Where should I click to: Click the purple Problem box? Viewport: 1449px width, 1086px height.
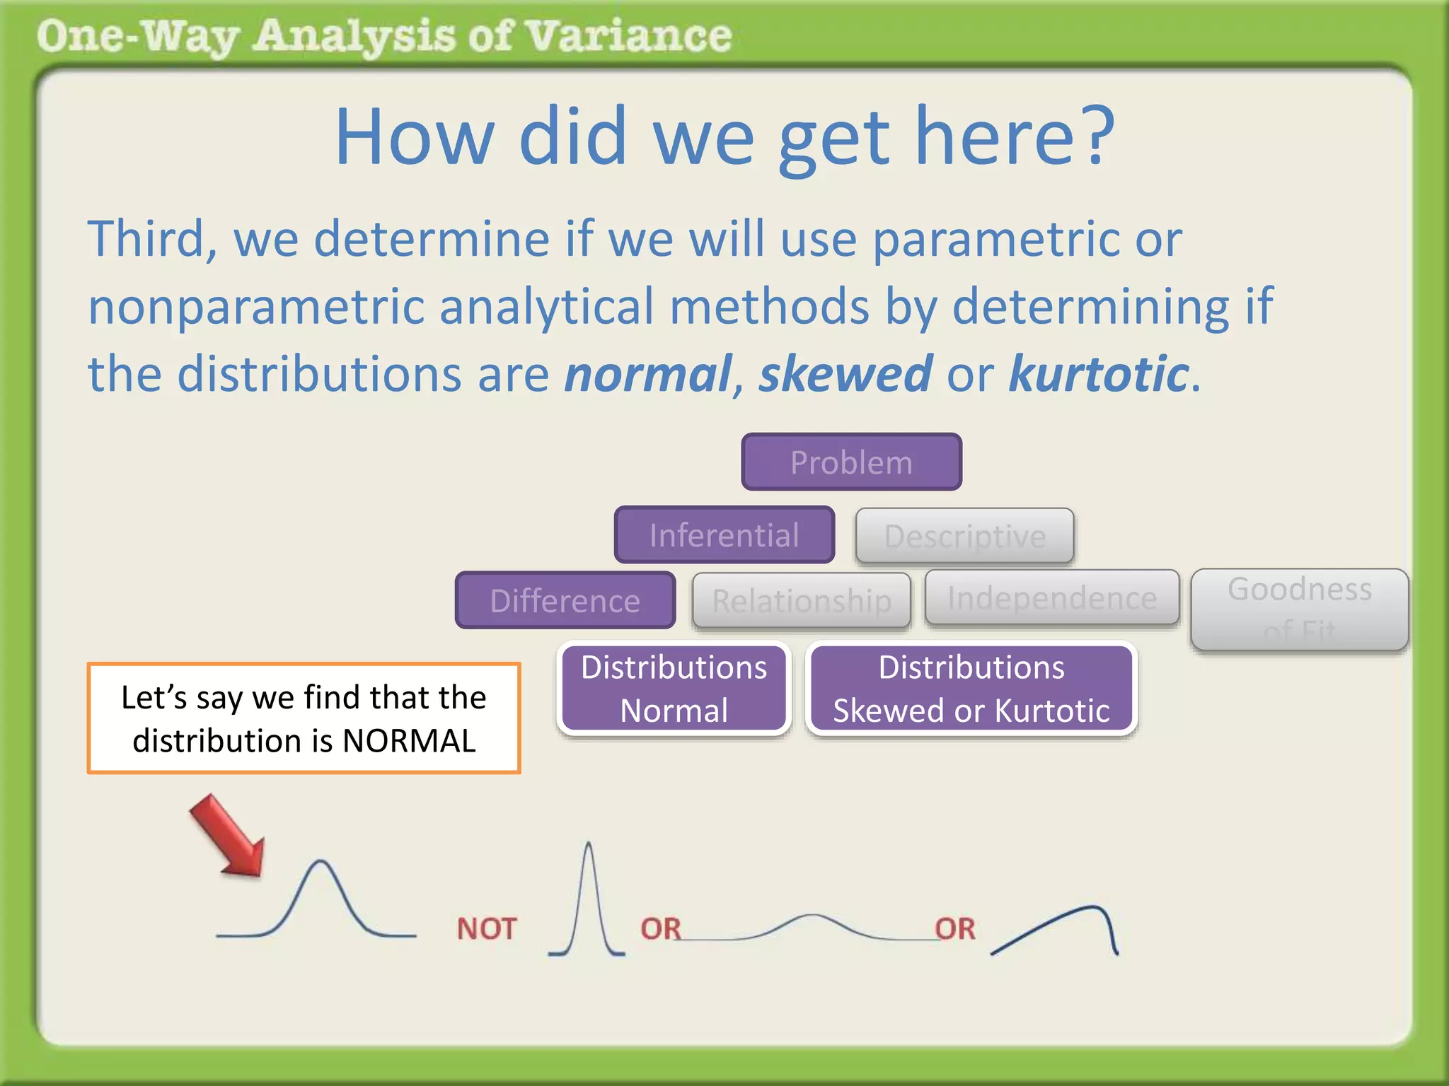[x=851, y=462]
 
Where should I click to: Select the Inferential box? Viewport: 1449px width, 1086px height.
[x=724, y=535]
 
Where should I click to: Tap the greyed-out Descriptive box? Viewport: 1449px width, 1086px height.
[x=964, y=536]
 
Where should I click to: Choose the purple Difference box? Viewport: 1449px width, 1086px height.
[x=565, y=600]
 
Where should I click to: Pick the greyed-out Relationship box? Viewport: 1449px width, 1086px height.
[x=801, y=600]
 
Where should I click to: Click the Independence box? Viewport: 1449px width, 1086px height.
[x=1052, y=598]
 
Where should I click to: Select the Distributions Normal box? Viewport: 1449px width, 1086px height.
[x=674, y=689]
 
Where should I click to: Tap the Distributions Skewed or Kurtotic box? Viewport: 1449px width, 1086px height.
[x=971, y=689]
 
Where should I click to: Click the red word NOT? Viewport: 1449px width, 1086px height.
[x=487, y=928]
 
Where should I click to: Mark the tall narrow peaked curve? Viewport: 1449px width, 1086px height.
[x=588, y=898]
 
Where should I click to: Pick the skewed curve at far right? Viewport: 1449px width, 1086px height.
[x=1061, y=926]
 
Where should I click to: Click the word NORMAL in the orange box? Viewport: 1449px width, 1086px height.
[x=408, y=741]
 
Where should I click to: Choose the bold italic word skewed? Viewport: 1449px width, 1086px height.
[x=845, y=373]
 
